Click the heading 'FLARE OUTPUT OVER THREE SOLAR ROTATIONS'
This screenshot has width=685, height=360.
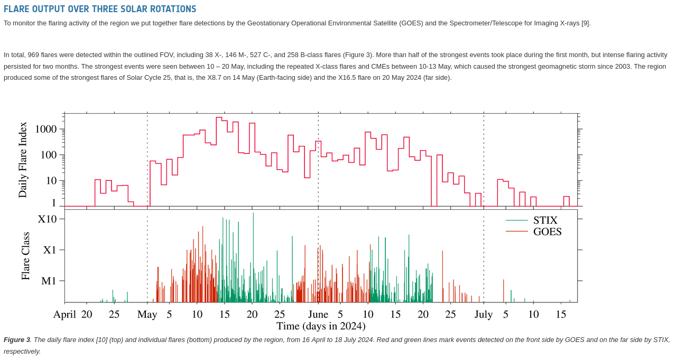[x=100, y=9]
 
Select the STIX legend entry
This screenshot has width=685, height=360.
[x=545, y=220]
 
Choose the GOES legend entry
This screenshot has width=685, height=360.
[x=547, y=232]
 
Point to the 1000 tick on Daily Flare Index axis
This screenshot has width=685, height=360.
[x=45, y=129]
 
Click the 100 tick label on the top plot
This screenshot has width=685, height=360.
[x=48, y=155]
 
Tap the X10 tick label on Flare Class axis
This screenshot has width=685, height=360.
[x=47, y=219]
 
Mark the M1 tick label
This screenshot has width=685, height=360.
[x=49, y=281]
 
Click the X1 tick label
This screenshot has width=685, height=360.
[x=50, y=250]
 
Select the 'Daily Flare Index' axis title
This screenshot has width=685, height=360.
[x=23, y=160]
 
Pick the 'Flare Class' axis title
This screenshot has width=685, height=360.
[x=25, y=256]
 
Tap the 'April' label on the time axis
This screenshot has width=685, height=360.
[x=64, y=315]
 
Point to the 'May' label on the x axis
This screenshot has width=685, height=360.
[x=147, y=315]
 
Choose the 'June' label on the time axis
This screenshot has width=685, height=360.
[x=318, y=315]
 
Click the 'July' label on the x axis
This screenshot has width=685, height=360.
[x=484, y=315]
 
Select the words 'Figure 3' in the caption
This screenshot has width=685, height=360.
[x=17, y=340]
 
